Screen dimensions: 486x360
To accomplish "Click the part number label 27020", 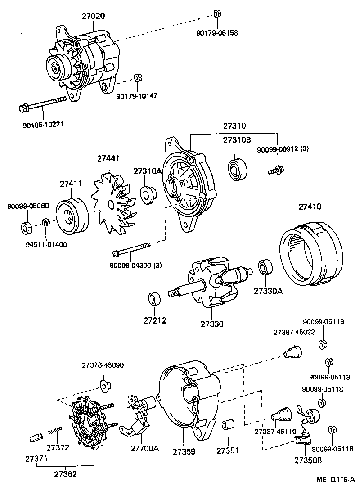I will tap(93, 16).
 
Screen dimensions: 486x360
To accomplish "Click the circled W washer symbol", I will tap(46, 222).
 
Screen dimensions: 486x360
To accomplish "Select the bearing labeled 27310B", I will tap(238, 169).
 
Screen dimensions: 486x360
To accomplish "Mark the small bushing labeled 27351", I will tap(229, 426).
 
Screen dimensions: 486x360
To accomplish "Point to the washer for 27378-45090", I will tap(106, 385).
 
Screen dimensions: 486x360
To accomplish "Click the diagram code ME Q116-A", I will tap(335, 480).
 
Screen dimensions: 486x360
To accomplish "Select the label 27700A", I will tap(145, 449).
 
